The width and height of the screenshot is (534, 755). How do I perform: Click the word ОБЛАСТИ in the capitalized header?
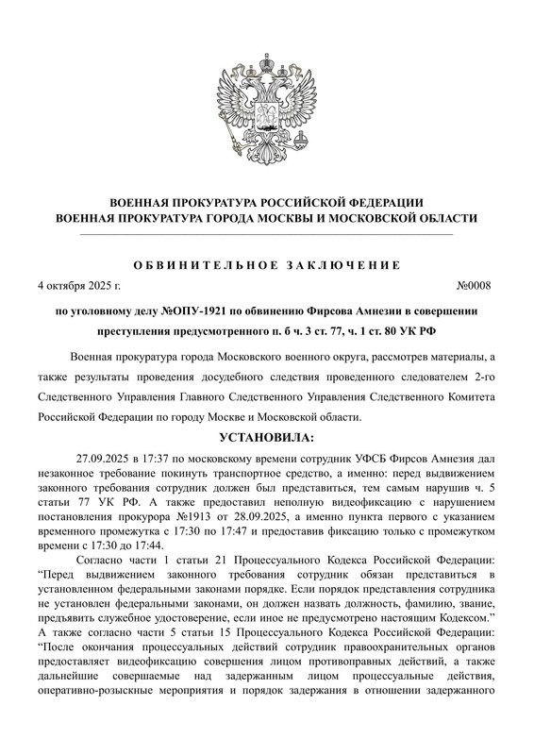pyautogui.click(x=443, y=218)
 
